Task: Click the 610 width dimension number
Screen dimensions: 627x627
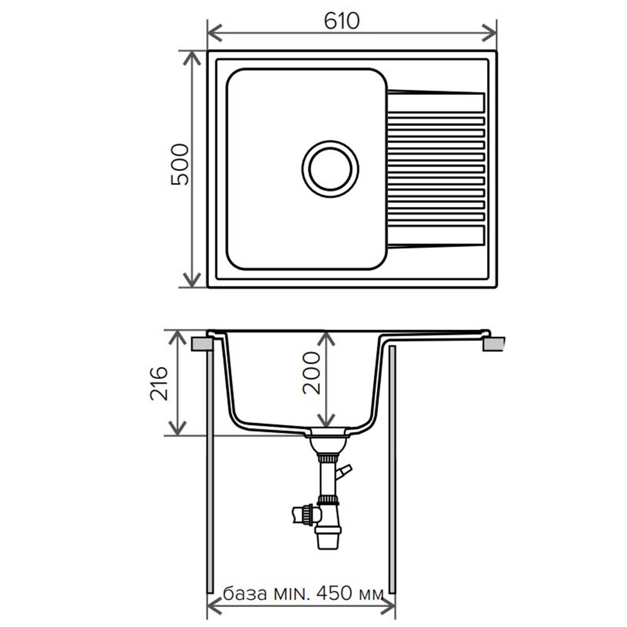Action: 341,21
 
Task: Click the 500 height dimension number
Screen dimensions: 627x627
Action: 180,165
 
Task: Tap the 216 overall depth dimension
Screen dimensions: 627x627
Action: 159,383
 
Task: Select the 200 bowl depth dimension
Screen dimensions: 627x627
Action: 312,373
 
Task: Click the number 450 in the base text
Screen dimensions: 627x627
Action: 334,594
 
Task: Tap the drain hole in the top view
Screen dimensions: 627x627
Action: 330,169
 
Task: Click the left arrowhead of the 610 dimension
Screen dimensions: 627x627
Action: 214,33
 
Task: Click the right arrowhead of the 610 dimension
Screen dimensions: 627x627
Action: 489,33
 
